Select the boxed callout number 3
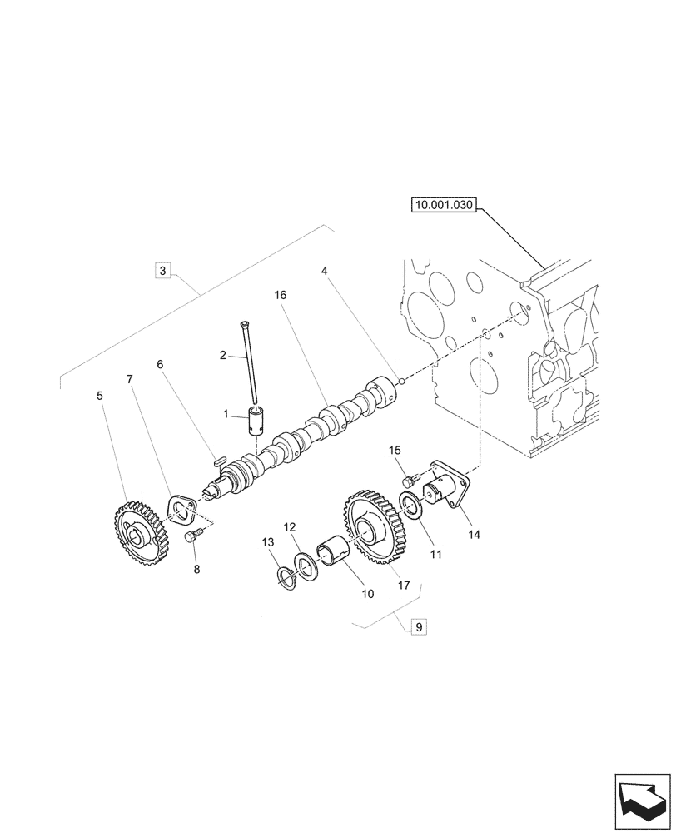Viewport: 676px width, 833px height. coord(163,270)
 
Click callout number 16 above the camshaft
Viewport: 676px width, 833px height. coord(280,295)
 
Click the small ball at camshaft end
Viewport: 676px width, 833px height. coord(400,382)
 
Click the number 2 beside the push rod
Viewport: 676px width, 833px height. coord(223,355)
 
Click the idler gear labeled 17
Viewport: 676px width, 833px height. coord(370,528)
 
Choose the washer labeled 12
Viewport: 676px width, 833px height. coord(308,567)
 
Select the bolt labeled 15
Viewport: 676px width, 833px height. coord(408,481)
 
